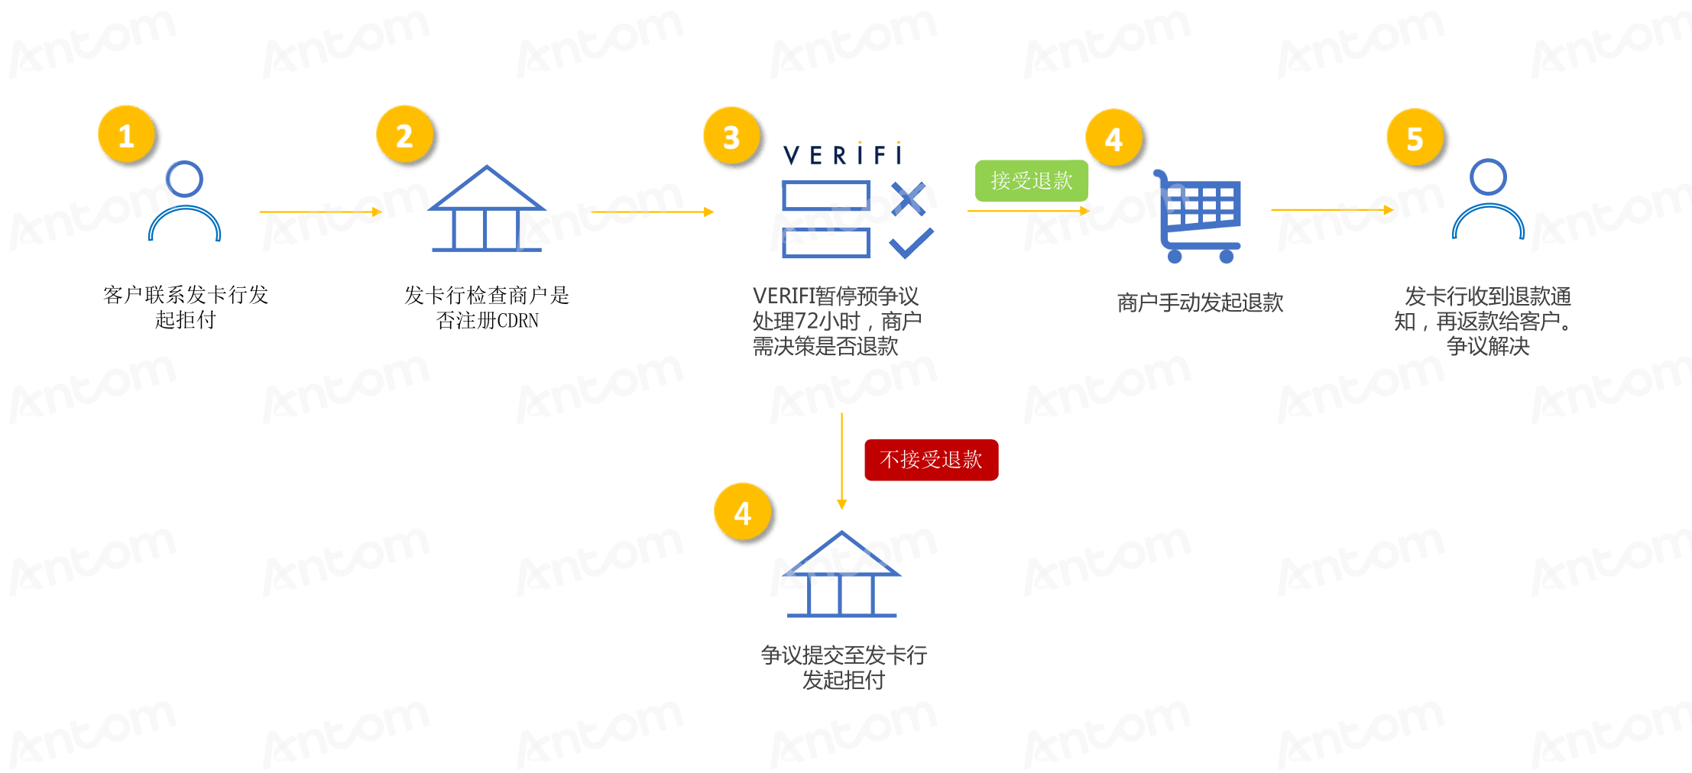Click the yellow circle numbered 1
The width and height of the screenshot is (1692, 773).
pyautogui.click(x=127, y=135)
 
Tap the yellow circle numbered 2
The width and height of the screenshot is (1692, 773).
pyautogui.click(x=405, y=135)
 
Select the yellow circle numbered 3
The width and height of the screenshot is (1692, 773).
pyautogui.click(x=732, y=137)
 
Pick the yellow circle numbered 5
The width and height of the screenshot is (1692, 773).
pyautogui.click(x=1415, y=138)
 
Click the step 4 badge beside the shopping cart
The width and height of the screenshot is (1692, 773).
pyautogui.click(x=1114, y=138)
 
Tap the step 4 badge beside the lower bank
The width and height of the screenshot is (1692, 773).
pyautogui.click(x=743, y=512)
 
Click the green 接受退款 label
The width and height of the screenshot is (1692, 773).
pyautogui.click(x=1032, y=181)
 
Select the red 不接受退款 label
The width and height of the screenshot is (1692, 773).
pyautogui.click(x=932, y=460)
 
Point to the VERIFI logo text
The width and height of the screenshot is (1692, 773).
pyautogui.click(x=843, y=154)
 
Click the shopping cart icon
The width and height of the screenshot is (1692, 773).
pyautogui.click(x=1197, y=217)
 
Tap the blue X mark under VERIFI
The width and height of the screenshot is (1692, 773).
pyautogui.click(x=909, y=199)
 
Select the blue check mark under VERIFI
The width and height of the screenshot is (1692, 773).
pyautogui.click(x=912, y=243)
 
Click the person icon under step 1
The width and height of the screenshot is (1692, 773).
pyautogui.click(x=184, y=200)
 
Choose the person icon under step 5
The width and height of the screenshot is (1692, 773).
pyautogui.click(x=1488, y=199)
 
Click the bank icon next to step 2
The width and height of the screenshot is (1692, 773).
pyautogui.click(x=487, y=209)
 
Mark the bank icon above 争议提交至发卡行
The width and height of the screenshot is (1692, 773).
pyautogui.click(x=841, y=574)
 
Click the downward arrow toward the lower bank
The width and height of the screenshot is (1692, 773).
pyautogui.click(x=841, y=461)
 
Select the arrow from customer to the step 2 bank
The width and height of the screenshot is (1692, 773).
pyautogui.click(x=321, y=212)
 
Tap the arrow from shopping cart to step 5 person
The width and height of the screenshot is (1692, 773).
pyautogui.click(x=1332, y=209)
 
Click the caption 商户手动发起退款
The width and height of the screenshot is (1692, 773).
pyautogui.click(x=1200, y=302)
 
